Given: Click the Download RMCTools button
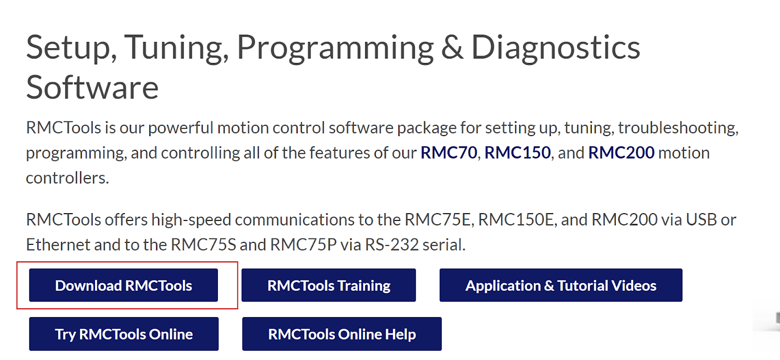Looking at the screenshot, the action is pyautogui.click(x=124, y=285).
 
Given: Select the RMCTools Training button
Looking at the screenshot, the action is pyautogui.click(x=329, y=285).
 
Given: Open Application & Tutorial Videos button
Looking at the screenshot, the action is pyautogui.click(x=561, y=285).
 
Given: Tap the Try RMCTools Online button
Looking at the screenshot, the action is pyautogui.click(x=124, y=334).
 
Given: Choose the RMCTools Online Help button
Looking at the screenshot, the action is pyautogui.click(x=342, y=334).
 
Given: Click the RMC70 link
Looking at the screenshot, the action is pyautogui.click(x=448, y=153).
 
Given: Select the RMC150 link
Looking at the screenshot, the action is pyautogui.click(x=517, y=153).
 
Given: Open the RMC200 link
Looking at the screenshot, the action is pyautogui.click(x=621, y=153).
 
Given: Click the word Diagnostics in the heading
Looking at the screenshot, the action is pyautogui.click(x=556, y=48).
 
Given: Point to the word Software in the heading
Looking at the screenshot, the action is pyautogui.click(x=92, y=87).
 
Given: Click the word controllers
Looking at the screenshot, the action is pyautogui.click(x=68, y=178).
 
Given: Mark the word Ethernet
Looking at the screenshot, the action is pyautogui.click(x=58, y=245).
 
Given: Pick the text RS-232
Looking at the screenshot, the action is pyautogui.click(x=392, y=245).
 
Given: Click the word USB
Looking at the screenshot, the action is pyautogui.click(x=702, y=220).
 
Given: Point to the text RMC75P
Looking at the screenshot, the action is pyautogui.click(x=303, y=245).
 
